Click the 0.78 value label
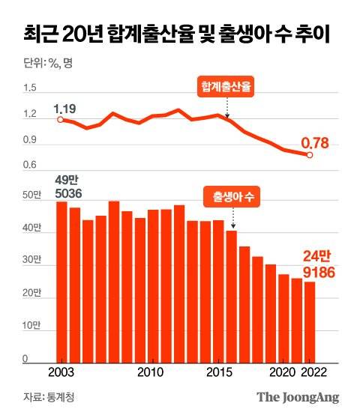pos(316,141)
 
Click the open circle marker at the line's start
pos(61,118)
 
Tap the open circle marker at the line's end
pos(310,155)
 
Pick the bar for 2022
pos(310,322)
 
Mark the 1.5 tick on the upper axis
pos(30,88)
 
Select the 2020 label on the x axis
pos(283,372)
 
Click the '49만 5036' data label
pos(68,187)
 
